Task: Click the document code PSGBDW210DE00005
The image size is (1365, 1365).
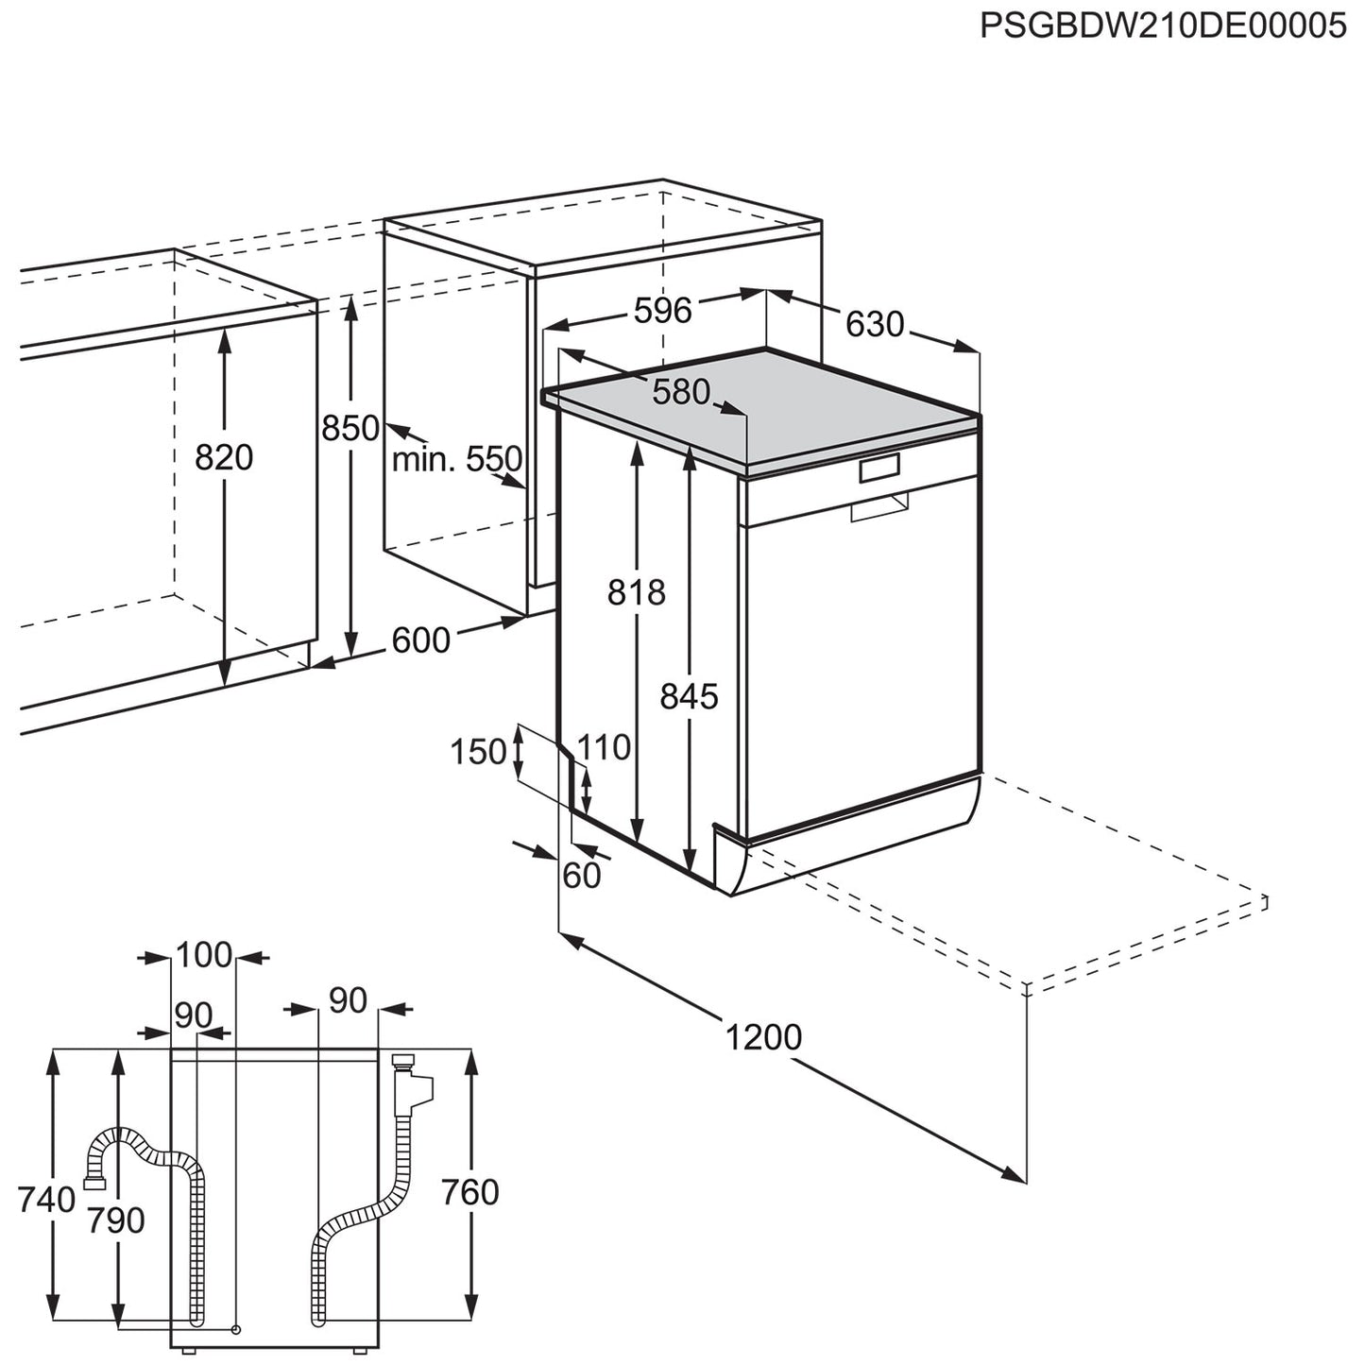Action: point(1163,26)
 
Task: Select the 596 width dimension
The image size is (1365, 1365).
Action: point(662,310)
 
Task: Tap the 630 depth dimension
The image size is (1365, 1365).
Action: point(875,324)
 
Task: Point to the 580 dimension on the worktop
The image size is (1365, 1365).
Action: point(681,391)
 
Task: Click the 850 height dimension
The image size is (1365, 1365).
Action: point(350,428)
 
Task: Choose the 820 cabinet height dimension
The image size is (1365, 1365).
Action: point(224,457)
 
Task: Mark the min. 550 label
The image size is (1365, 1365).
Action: point(457,460)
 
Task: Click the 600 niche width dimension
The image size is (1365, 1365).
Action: point(420,640)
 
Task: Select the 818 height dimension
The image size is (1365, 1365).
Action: point(636,592)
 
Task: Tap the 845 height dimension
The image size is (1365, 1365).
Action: point(689,696)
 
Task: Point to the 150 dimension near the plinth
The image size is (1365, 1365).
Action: point(478,752)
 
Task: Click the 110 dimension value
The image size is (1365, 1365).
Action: point(604,747)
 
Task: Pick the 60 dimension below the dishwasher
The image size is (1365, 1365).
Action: point(582,876)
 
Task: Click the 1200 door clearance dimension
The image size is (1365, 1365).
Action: point(763,1036)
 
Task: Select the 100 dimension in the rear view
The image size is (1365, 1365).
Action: point(204,955)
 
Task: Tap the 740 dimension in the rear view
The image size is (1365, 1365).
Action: point(46,1199)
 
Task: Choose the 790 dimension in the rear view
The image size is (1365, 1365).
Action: point(116,1220)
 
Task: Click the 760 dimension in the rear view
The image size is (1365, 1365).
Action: point(469,1192)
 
